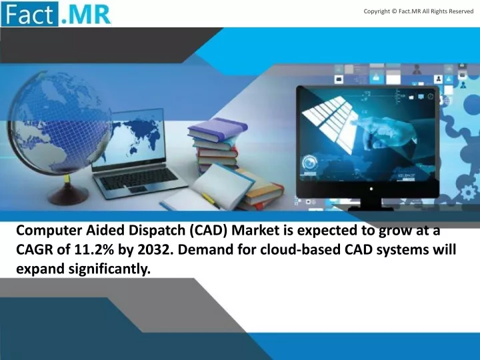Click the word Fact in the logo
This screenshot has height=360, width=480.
29,14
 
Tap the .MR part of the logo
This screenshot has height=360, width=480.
85,15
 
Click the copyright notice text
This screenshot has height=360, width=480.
419,11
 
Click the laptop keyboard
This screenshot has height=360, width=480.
138,178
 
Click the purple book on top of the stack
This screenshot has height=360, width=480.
217,129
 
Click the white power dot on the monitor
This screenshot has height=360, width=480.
371,189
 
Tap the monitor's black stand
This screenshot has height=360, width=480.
371,204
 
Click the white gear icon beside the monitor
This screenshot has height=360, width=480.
469,193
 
